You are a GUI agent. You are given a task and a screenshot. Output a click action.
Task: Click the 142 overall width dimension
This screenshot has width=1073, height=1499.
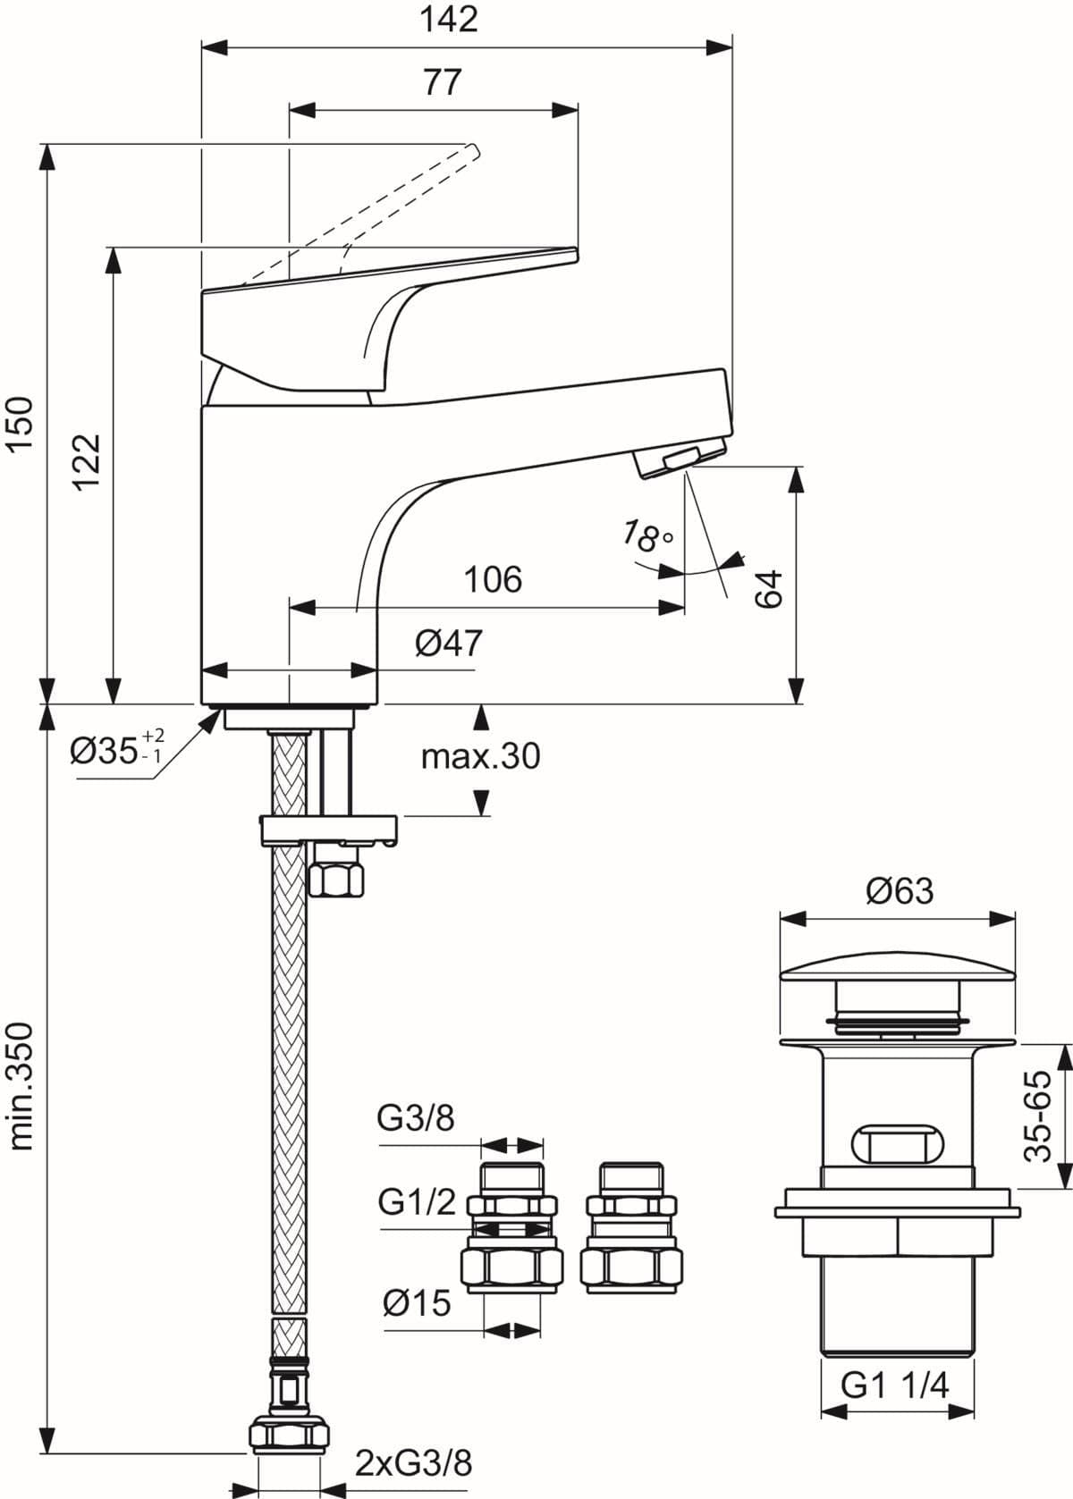(x=449, y=19)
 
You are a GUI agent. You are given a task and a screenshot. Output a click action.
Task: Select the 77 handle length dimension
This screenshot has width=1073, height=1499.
(x=442, y=82)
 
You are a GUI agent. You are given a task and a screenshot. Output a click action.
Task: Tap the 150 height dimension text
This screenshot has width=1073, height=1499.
(x=19, y=425)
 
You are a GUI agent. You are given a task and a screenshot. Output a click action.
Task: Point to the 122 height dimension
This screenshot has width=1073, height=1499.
(x=88, y=461)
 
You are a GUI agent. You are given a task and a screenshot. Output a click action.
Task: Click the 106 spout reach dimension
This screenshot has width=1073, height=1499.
(x=493, y=579)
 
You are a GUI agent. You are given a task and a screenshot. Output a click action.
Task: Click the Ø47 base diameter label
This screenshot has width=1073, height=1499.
(x=448, y=642)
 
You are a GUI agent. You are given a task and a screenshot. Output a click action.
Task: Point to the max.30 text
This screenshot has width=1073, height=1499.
(x=480, y=756)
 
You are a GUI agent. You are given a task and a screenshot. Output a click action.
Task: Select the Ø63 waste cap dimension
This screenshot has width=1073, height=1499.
(x=899, y=890)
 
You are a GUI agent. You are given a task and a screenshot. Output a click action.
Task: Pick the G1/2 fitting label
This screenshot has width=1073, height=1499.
(x=417, y=1202)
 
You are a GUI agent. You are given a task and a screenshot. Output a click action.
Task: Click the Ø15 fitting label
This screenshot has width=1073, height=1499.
(x=417, y=1302)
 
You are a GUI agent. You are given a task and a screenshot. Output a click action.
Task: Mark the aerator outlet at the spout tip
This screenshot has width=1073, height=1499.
(x=680, y=459)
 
